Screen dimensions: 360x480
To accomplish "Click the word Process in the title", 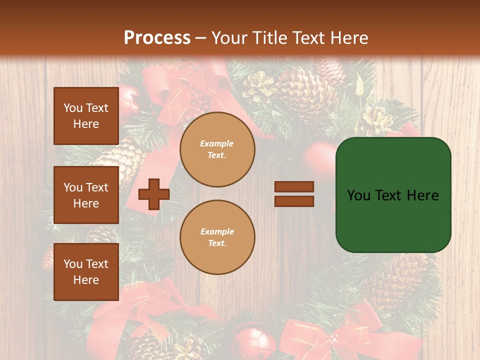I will (x=157, y=37).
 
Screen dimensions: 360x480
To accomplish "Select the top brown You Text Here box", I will (x=86, y=116).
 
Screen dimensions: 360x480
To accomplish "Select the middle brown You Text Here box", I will (x=86, y=195).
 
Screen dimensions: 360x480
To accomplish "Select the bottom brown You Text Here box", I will (x=86, y=272).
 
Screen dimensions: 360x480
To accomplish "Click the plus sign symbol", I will (x=153, y=194).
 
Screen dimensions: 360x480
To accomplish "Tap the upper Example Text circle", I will (x=217, y=149).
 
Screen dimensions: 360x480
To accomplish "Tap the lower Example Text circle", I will (x=217, y=237).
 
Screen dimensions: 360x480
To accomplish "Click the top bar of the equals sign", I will (x=294, y=187).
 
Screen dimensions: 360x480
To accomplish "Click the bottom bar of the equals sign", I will (x=294, y=201).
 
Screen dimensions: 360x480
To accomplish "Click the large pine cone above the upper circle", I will (x=305, y=95).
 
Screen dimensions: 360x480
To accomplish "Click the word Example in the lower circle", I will (x=217, y=231).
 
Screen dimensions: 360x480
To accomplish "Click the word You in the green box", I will (x=358, y=195).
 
